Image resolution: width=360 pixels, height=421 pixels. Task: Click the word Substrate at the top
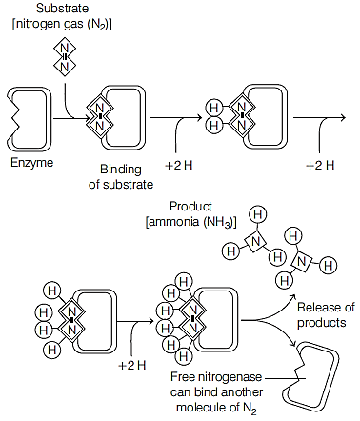point(62,9)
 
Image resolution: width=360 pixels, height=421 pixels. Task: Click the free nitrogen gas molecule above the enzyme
point(65,57)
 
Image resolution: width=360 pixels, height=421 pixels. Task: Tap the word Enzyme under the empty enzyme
point(31,163)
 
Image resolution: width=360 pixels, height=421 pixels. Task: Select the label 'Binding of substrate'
point(121,176)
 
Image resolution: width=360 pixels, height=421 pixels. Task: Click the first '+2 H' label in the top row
point(179,165)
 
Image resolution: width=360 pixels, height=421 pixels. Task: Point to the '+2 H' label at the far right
point(320,165)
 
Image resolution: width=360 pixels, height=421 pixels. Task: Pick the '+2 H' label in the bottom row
point(132,366)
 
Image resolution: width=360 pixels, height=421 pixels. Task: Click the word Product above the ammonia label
point(190,207)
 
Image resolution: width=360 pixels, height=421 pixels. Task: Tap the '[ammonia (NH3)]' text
point(190,222)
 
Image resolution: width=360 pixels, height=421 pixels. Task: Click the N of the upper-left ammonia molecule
point(255,242)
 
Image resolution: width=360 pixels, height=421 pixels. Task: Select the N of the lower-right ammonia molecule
point(301,262)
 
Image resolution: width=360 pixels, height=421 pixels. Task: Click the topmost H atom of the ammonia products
point(257,215)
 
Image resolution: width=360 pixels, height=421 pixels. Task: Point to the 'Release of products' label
point(326,314)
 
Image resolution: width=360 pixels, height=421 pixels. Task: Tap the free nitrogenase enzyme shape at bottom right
point(310,376)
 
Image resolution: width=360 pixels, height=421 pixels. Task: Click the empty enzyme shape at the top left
point(28,118)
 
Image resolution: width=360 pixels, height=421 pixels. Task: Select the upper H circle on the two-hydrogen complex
point(214,109)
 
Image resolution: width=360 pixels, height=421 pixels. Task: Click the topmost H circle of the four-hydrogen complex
point(51,291)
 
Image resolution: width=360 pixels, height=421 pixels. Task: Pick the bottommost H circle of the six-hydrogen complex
point(184,356)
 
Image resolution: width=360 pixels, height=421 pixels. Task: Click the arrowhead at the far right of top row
point(343,118)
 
